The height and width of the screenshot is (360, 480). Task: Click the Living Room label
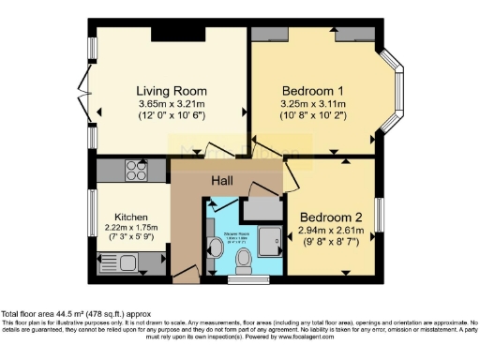coord(170,90)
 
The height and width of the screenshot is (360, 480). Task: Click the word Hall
coord(222,181)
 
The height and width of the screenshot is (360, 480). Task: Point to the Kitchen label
coord(132,215)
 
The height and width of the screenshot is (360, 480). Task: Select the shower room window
coord(247,277)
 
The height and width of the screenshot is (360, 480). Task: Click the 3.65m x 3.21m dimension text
coord(170,103)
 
